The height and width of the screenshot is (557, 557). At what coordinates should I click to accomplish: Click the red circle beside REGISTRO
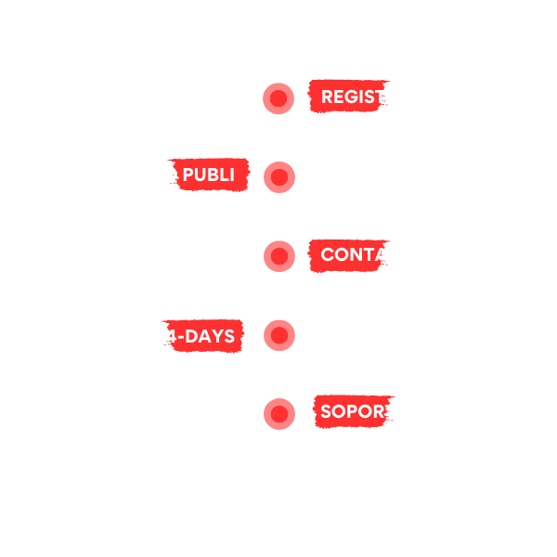(x=278, y=97)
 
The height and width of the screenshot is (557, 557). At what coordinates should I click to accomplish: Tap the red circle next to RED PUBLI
(x=278, y=176)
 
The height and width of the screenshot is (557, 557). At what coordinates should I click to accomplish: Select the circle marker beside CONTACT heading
(x=278, y=255)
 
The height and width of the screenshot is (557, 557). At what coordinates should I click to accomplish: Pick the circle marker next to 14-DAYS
(x=278, y=335)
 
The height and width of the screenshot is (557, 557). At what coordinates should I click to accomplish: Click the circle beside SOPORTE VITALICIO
(x=278, y=412)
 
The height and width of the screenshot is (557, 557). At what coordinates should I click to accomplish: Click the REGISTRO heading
(x=367, y=97)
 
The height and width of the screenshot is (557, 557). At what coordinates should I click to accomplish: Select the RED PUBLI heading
(x=193, y=175)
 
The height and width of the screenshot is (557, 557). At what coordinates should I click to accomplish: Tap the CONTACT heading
(x=367, y=255)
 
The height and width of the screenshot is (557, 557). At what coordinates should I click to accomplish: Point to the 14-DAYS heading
(x=195, y=336)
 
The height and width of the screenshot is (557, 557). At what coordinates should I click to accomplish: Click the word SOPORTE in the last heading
(x=363, y=411)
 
